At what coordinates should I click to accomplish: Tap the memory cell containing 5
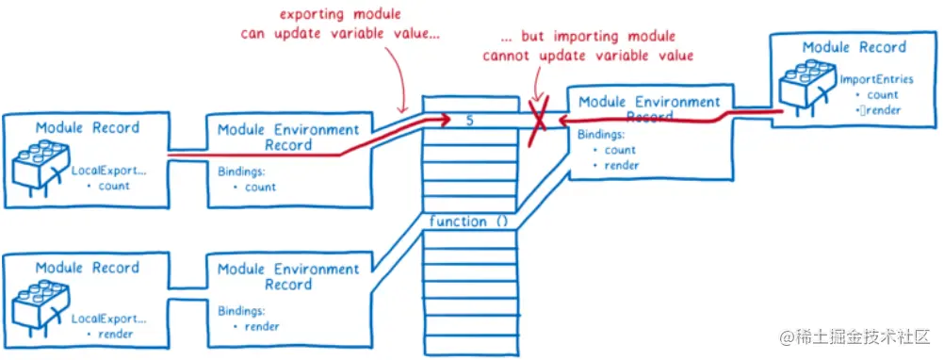(x=470, y=121)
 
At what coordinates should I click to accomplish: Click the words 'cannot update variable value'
(x=589, y=56)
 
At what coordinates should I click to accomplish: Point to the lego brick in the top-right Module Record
(x=806, y=84)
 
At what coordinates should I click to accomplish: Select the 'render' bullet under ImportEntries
(x=880, y=110)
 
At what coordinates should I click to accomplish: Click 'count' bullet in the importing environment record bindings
(x=619, y=150)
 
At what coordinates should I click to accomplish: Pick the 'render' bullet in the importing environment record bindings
(x=621, y=165)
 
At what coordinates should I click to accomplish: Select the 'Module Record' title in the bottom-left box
(x=87, y=268)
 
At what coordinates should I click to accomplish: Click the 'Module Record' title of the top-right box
(x=854, y=46)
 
